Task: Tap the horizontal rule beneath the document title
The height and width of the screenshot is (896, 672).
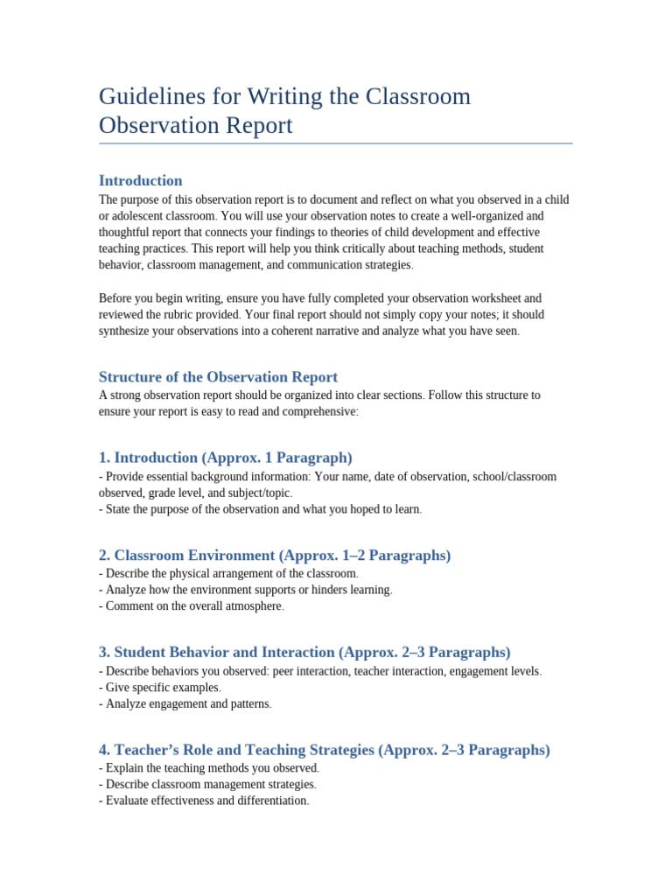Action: [336, 143]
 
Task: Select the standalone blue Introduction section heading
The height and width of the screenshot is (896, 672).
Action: [141, 181]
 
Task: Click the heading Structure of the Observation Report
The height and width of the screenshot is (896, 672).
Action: [218, 377]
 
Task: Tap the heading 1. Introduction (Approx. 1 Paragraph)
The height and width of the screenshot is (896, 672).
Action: [226, 458]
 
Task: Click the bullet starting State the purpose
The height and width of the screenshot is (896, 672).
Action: [261, 509]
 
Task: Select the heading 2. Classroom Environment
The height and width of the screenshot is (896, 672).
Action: [275, 556]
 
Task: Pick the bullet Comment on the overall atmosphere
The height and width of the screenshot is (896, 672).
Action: [192, 605]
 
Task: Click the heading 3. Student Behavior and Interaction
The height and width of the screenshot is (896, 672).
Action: [304, 653]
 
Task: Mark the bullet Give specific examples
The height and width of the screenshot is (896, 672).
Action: [160, 688]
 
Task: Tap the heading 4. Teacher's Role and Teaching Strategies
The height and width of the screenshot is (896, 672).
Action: [325, 750]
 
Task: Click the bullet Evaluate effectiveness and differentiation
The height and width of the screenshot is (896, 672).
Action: [204, 801]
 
